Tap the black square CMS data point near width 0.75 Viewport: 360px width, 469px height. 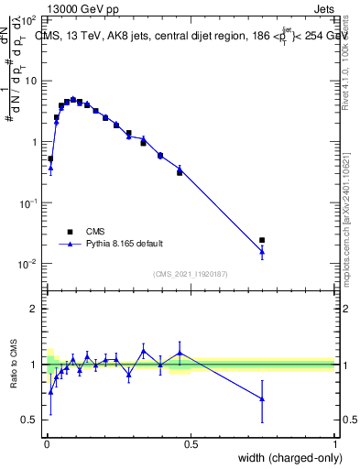262,240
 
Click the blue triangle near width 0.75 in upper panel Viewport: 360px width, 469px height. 262,251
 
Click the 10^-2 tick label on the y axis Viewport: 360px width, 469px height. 27,264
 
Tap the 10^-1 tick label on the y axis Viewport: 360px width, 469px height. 27,202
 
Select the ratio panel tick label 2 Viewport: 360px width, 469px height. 34,309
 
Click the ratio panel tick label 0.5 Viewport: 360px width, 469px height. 29,420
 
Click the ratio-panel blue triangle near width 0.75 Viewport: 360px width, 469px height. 262,398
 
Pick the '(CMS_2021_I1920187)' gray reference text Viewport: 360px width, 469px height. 190,274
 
